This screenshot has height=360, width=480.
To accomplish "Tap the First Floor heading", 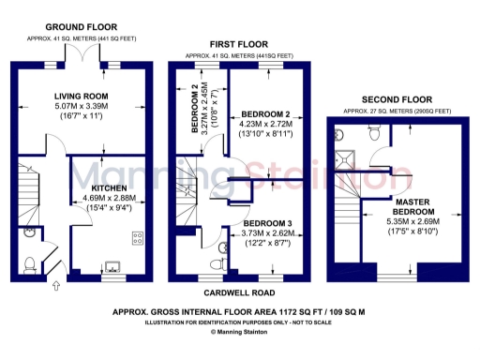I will pos(240,44).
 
